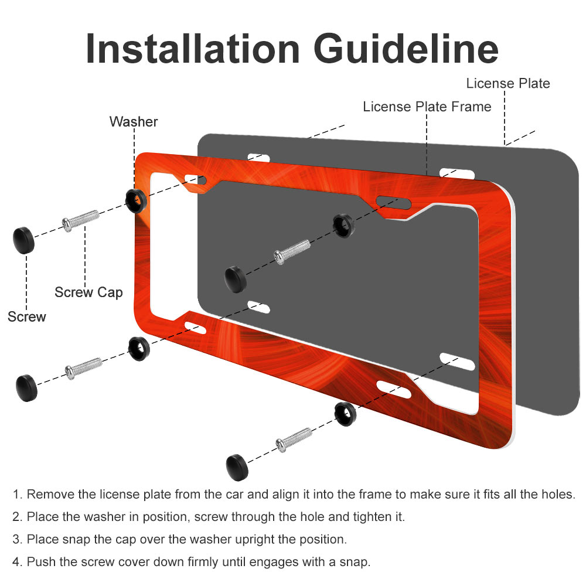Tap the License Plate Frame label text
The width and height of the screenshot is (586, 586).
point(427,107)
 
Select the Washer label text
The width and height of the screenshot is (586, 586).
point(134,122)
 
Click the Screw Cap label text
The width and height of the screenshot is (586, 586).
point(88,292)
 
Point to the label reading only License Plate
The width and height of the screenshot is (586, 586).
point(508,83)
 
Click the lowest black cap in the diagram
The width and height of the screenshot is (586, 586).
point(237,466)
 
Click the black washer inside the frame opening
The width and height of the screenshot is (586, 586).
point(343,225)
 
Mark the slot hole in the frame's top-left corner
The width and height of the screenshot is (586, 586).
point(195,179)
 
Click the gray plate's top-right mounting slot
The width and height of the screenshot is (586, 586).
point(456,172)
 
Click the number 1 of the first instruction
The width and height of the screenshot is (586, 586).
point(17,495)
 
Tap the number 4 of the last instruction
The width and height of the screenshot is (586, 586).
point(17,562)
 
